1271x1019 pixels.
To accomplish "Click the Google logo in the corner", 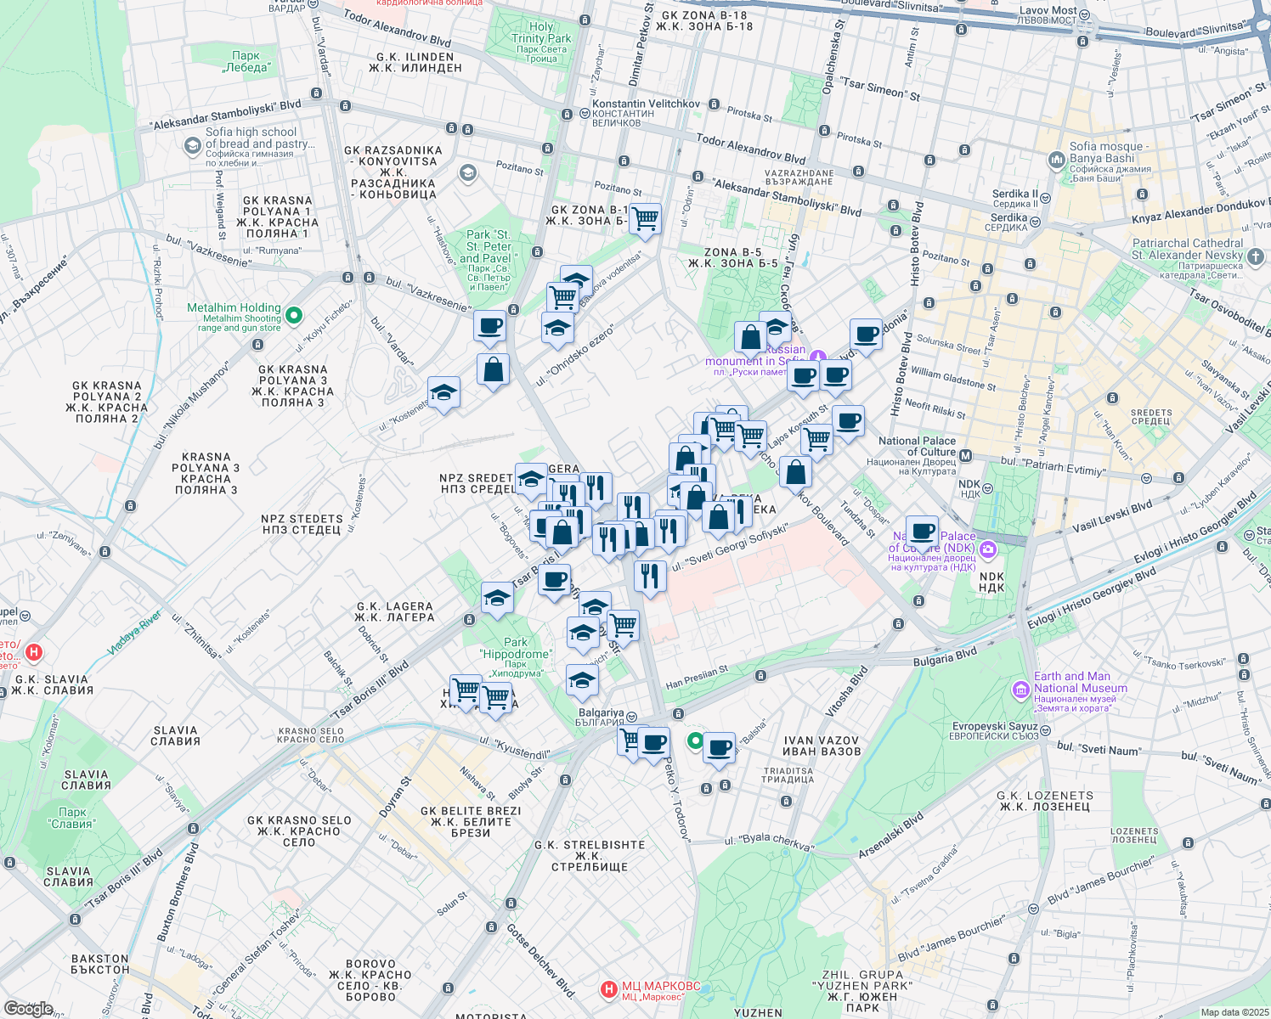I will click(28, 1008).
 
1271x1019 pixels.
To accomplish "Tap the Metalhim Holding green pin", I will click(294, 316).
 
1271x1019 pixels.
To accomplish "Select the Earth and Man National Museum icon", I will click(1020, 690).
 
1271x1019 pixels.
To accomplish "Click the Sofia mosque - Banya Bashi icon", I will click(1057, 159).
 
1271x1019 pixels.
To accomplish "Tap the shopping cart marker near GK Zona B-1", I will click(646, 219).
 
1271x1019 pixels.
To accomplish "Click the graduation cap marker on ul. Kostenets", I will click(443, 393).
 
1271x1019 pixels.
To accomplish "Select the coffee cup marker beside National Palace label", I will click(922, 532).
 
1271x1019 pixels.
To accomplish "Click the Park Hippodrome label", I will click(516, 648).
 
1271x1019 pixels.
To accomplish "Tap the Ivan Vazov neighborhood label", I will click(822, 746).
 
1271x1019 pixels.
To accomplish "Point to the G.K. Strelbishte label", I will click(590, 855).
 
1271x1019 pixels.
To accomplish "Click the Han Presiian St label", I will click(697, 677).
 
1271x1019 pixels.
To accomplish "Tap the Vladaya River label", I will click(134, 633).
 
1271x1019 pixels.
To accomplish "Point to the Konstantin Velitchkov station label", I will click(646, 104).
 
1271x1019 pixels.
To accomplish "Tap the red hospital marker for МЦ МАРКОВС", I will click(608, 989).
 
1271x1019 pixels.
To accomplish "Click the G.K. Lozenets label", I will click(1045, 801).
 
